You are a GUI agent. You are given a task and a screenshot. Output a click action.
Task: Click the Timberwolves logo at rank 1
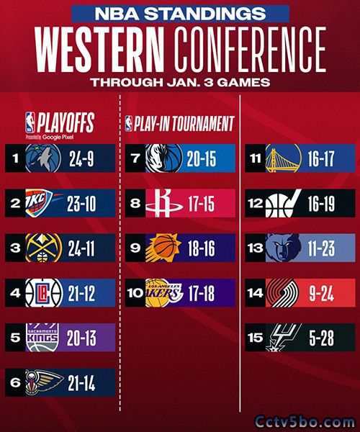pos(43,158)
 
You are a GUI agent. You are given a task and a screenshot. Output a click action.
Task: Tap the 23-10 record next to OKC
pos(81,204)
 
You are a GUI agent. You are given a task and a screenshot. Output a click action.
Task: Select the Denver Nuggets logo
pos(43,248)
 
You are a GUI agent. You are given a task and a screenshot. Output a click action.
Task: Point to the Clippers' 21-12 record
pos(81,293)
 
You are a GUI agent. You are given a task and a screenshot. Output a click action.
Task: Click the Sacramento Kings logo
pos(42,338)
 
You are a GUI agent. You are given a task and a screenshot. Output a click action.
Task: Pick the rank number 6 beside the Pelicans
pos(15,382)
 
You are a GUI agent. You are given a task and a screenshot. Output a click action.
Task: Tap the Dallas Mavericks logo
pos(164,158)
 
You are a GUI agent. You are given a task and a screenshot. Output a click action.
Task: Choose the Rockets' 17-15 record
pos(202,204)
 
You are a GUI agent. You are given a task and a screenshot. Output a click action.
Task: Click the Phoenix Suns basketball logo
pos(163,248)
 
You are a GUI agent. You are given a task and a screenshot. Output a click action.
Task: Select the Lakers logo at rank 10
pos(163,293)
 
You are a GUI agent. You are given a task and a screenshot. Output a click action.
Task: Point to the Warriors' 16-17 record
pos(321,158)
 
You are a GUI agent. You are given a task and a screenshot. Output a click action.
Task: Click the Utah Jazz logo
pos(283,203)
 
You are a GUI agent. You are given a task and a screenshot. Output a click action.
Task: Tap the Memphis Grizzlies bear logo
pos(283,248)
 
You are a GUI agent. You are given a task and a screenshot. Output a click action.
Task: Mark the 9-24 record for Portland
pos(321,294)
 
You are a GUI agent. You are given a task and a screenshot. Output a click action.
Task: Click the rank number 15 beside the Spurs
pos(255,338)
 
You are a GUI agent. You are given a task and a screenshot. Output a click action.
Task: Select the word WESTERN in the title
pos(99,50)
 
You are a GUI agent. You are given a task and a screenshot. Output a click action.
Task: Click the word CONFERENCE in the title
pos(250,50)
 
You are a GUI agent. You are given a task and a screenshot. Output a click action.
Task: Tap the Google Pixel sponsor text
pos(58,137)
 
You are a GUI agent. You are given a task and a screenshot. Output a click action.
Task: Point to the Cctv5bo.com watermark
pos(305,422)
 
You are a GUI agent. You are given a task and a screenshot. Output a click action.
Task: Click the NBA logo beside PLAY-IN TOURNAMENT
pos(128,124)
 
